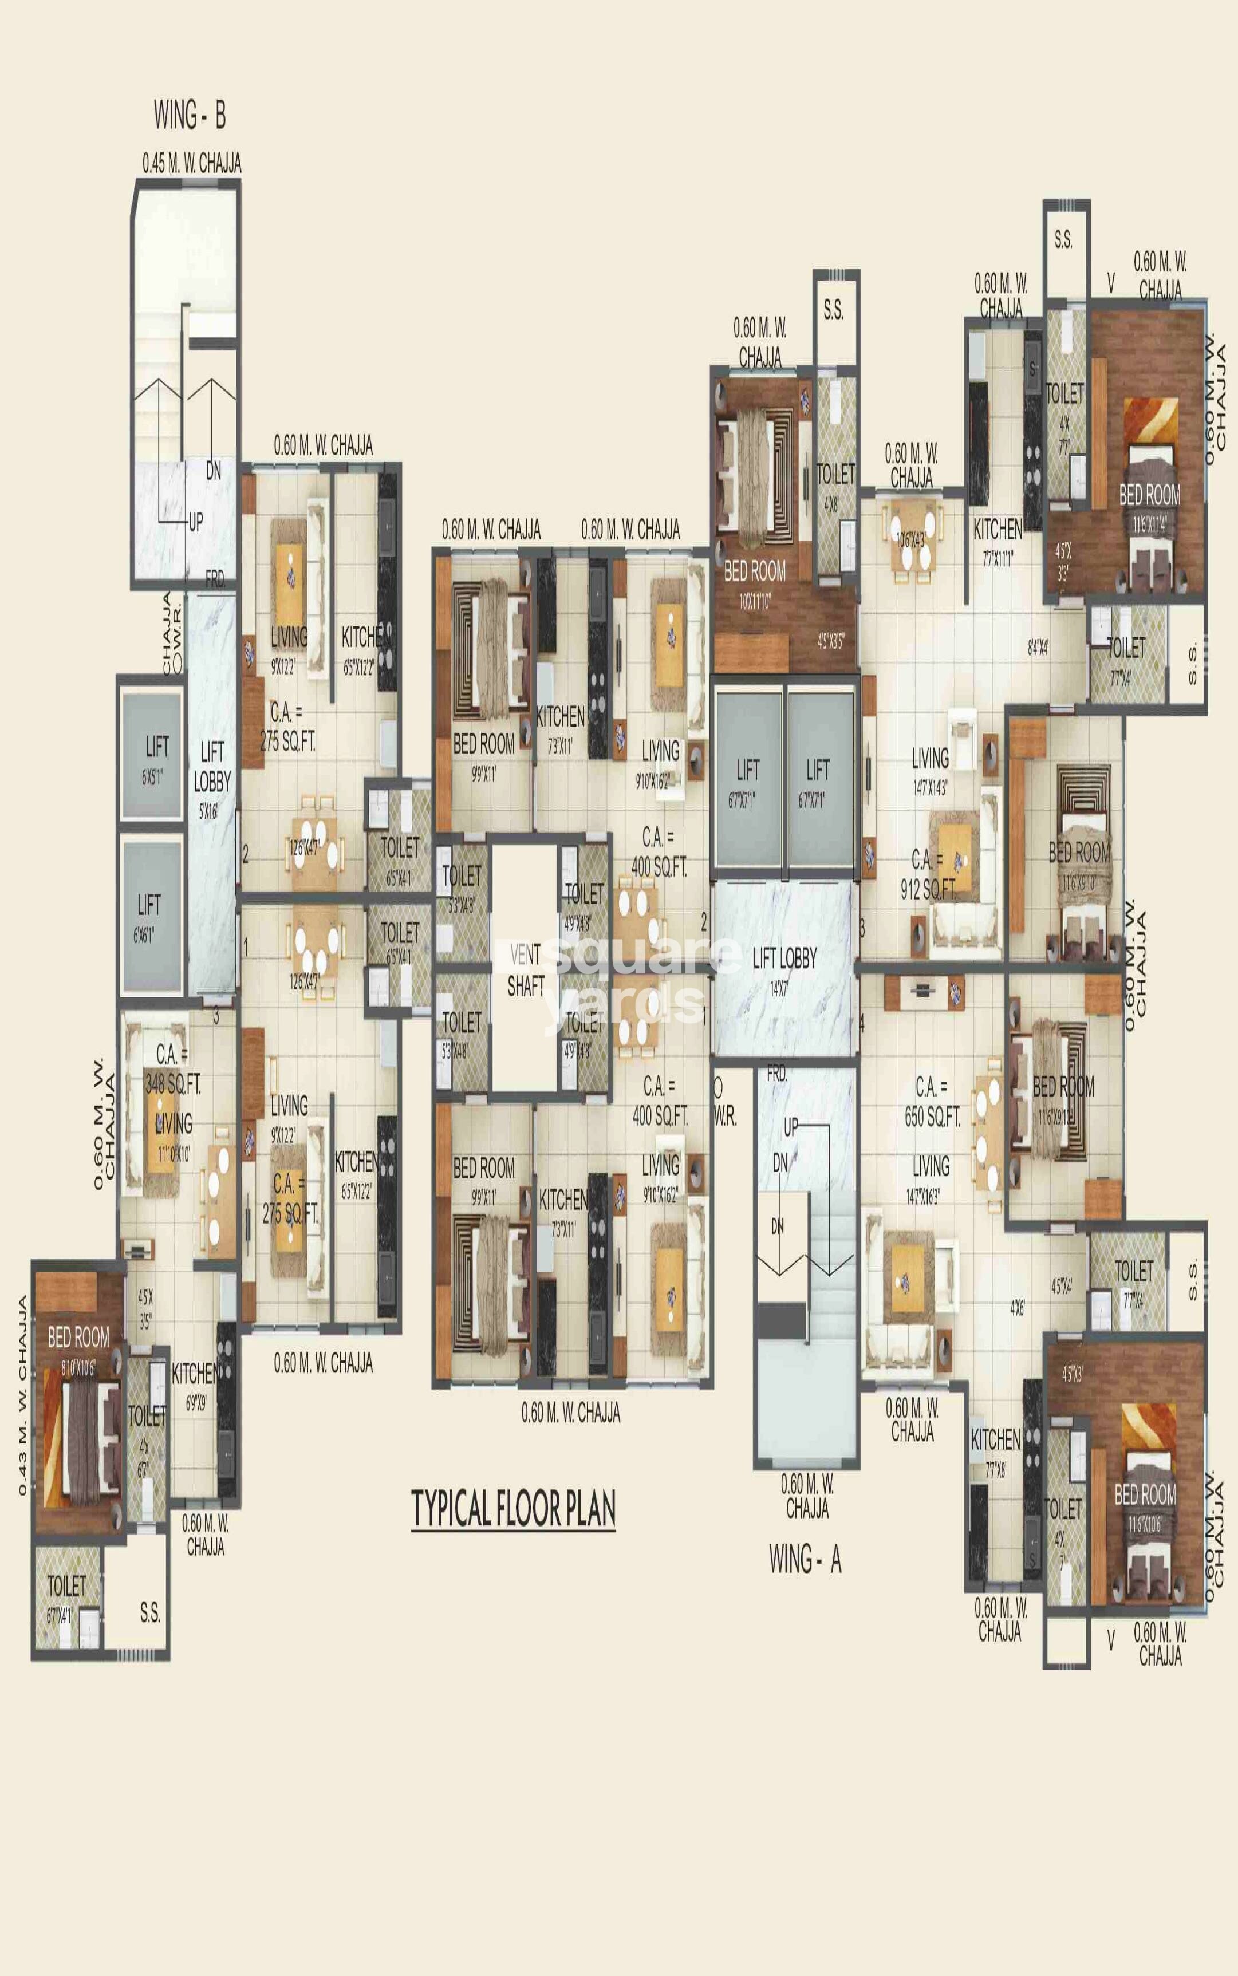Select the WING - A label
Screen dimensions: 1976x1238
click(x=805, y=1560)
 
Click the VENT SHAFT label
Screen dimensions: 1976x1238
click(x=525, y=971)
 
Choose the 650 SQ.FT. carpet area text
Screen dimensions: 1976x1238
click(x=932, y=1117)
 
